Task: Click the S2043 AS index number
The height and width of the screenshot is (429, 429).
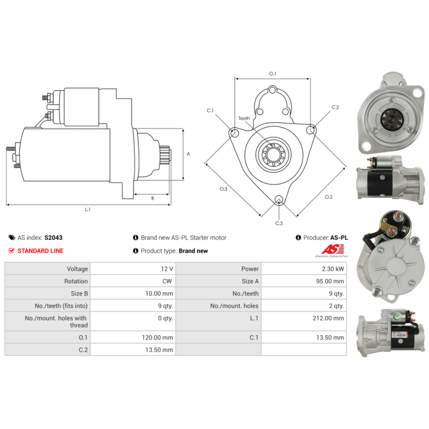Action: point(53,238)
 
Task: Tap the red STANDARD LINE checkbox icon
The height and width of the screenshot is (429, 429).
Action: point(11,250)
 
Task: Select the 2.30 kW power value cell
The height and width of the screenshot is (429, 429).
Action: point(304,269)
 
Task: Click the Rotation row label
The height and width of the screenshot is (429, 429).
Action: point(76,281)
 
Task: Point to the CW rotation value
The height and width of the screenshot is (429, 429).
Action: point(167,281)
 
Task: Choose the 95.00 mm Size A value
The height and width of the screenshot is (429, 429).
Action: point(330,281)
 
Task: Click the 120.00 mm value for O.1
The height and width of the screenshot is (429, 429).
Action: point(157,337)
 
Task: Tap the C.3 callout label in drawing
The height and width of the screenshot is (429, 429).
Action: point(279,223)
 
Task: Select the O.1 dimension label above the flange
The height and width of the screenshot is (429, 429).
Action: point(272,73)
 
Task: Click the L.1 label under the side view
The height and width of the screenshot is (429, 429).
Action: point(87,209)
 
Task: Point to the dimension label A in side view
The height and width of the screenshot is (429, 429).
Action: point(188,154)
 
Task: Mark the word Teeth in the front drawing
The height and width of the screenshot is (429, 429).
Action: point(244,118)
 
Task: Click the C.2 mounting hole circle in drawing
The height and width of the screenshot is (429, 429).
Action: point(310,130)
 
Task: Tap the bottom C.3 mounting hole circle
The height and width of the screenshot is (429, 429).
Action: point(279,199)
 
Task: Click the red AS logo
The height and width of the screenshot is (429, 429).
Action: point(332,249)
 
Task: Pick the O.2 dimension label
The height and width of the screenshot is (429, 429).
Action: point(329,197)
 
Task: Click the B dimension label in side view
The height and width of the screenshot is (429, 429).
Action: point(152,198)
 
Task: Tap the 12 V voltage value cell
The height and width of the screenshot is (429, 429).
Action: point(133,269)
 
